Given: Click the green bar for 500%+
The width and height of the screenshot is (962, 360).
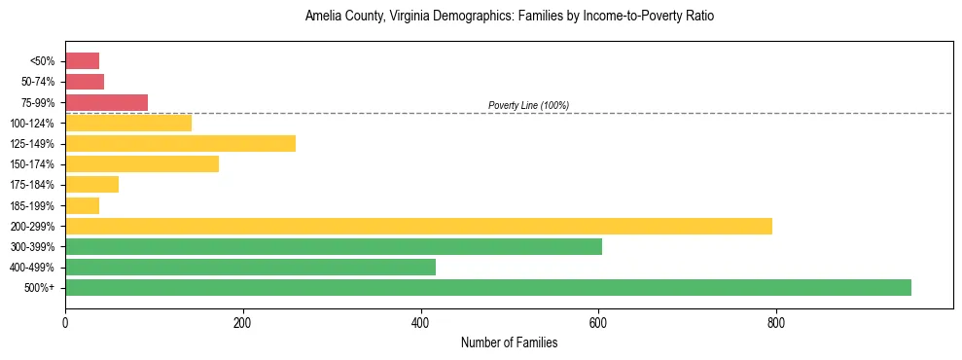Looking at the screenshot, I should [487, 287].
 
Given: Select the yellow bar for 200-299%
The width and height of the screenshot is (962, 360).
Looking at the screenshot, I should [418, 226].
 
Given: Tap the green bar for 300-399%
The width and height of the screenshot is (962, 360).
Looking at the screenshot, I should [333, 246].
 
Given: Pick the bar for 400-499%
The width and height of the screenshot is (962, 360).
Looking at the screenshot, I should [250, 267].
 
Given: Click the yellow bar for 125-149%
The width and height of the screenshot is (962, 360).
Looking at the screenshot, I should [180, 144].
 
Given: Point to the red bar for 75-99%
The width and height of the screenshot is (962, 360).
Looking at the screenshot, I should [106, 102].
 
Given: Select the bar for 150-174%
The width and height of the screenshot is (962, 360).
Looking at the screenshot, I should [142, 164].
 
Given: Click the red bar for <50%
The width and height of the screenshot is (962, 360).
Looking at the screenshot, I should [82, 61].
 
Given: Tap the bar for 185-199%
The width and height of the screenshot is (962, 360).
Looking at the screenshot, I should [82, 205].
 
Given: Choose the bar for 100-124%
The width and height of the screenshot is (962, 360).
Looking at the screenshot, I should [128, 123].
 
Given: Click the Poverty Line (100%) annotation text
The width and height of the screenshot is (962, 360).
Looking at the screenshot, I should [528, 105].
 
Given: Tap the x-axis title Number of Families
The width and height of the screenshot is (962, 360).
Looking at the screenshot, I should [509, 342].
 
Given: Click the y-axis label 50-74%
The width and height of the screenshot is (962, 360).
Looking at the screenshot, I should [39, 82].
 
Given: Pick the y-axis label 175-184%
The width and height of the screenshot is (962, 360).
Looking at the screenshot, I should [33, 185].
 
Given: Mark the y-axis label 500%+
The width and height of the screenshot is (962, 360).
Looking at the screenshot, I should [40, 287].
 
